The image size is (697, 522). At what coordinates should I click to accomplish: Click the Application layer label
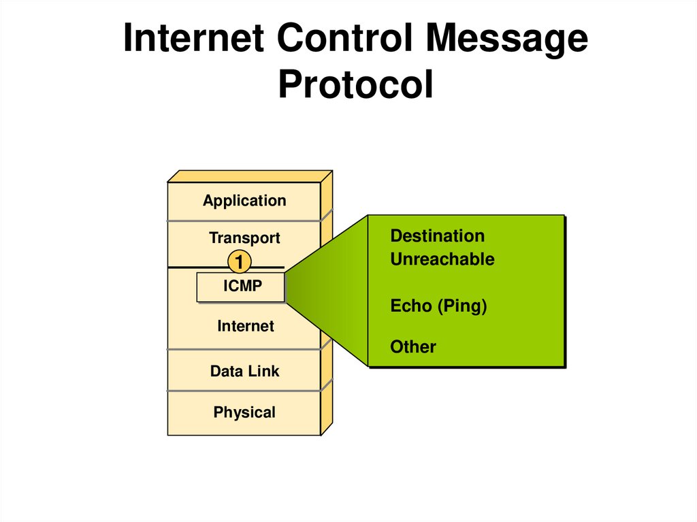pos(244,201)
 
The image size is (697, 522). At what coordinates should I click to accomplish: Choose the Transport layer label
pos(244,238)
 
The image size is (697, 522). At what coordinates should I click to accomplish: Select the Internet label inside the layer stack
pos(245,327)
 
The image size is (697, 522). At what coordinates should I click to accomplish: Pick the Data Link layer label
pos(244,372)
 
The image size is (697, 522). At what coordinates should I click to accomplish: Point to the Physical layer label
pos(244,412)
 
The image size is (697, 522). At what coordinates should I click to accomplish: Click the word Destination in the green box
pos(437,236)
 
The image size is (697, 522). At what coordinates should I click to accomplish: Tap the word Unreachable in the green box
pos(442,259)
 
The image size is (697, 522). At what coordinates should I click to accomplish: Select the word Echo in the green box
pos(411,306)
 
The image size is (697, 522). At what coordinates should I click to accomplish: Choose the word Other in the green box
pos(412,347)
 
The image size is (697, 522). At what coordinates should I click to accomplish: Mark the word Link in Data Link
pos(263,372)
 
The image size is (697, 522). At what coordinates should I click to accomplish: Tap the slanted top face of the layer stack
pos(250,176)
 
